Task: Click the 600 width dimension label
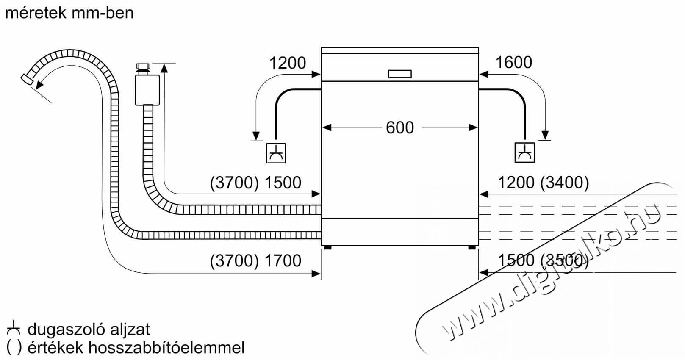pyautogui.click(x=399, y=127)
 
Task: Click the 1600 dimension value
pyautogui.click(x=514, y=62)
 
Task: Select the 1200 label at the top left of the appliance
pyautogui.click(x=288, y=63)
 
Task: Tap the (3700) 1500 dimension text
pyautogui.click(x=255, y=183)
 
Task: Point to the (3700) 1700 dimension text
pyautogui.click(x=255, y=261)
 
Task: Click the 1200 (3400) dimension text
pyautogui.click(x=544, y=183)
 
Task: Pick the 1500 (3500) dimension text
pyautogui.click(x=544, y=260)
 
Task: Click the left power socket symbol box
pyautogui.click(x=276, y=153)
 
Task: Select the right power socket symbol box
pyautogui.click(x=525, y=152)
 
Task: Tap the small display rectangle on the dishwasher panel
pyautogui.click(x=399, y=74)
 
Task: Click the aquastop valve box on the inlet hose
pyautogui.click(x=147, y=90)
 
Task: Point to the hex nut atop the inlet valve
pyautogui.click(x=143, y=67)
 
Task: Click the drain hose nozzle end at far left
pyautogui.click(x=27, y=79)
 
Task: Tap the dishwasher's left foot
pyautogui.click(x=327, y=248)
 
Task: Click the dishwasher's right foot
pyautogui.click(x=472, y=248)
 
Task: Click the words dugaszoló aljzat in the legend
pyautogui.click(x=89, y=330)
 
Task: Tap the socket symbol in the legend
pyautogui.click(x=14, y=327)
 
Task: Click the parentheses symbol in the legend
pyautogui.click(x=14, y=348)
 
